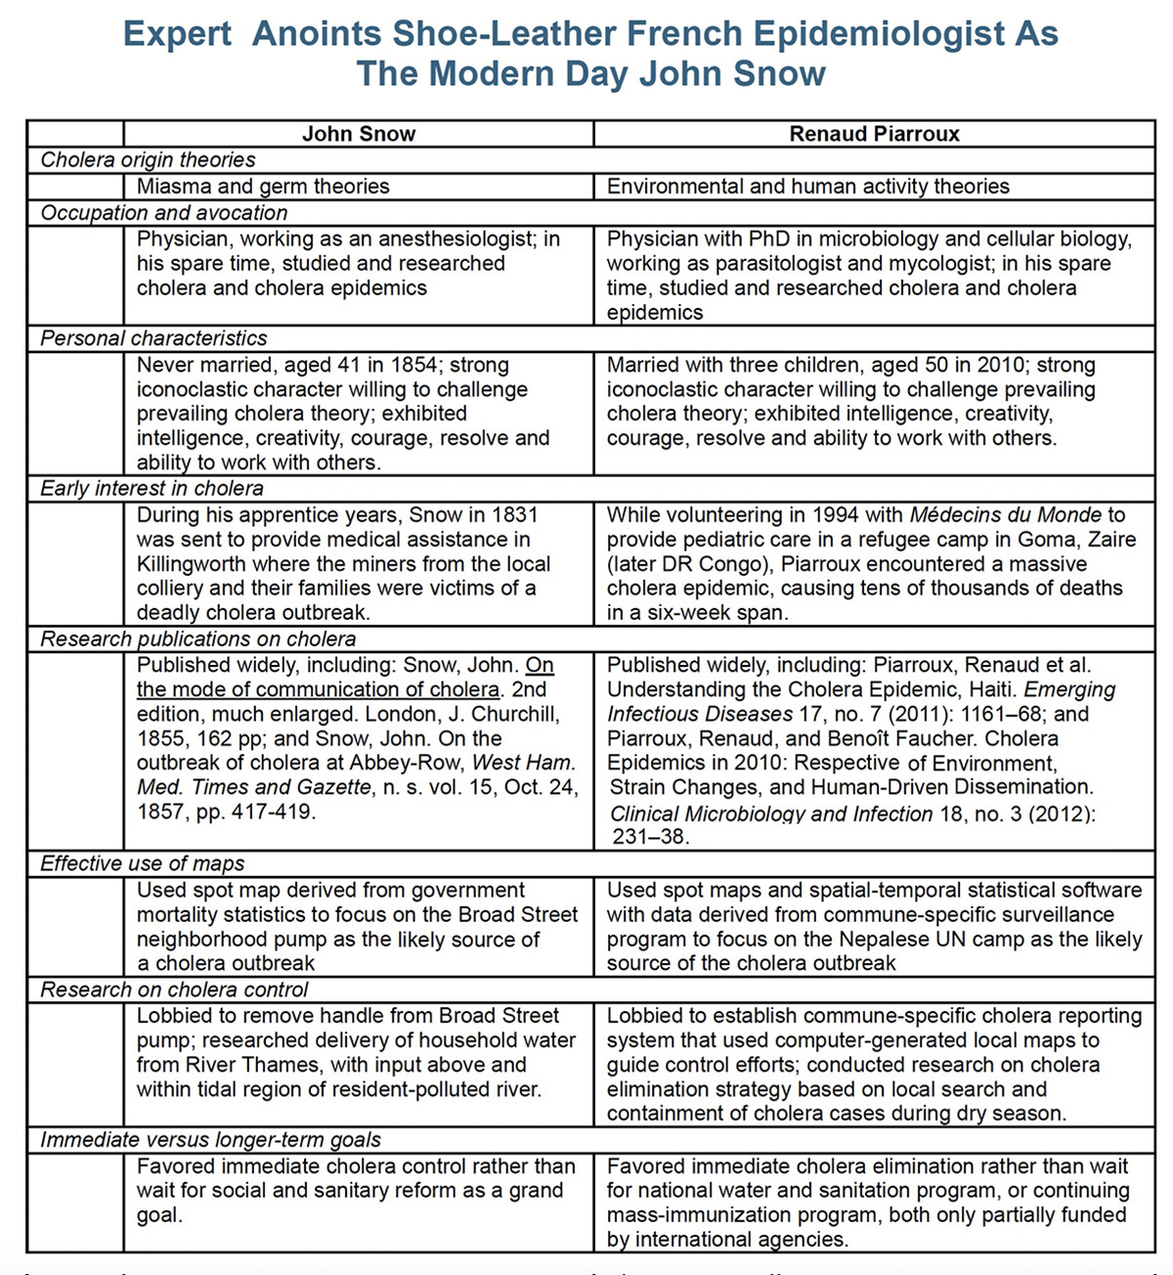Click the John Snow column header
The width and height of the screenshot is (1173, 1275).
point(359,134)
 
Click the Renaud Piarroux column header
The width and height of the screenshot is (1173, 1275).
point(874,134)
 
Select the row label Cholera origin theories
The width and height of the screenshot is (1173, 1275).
point(148,160)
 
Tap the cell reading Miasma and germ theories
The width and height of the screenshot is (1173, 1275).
point(263,187)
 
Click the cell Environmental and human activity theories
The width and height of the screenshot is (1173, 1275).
point(807,187)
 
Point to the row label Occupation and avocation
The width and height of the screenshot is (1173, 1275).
point(164,213)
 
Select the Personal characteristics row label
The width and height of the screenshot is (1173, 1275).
point(153,338)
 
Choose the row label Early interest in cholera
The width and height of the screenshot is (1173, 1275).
point(152,489)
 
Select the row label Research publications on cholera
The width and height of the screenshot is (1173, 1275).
point(197,639)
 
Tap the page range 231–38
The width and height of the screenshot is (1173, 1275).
point(650,837)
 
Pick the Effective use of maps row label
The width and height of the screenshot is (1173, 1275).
point(142,863)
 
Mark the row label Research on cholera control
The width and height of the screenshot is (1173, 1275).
point(174,989)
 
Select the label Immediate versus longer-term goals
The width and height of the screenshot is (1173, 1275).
point(210,1140)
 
